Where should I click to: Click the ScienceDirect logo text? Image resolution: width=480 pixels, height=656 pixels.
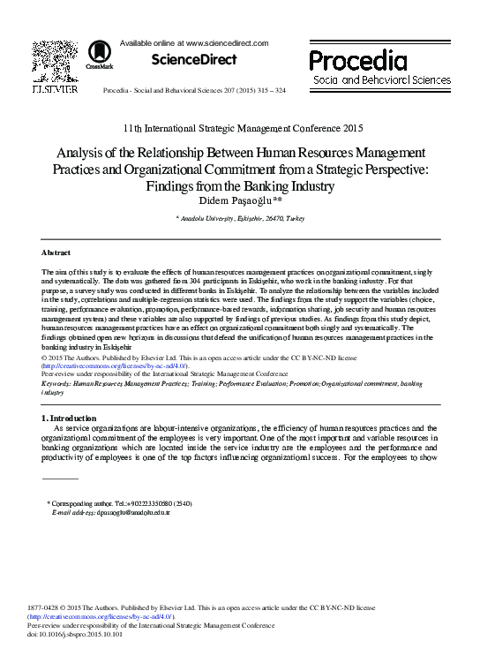click(194, 60)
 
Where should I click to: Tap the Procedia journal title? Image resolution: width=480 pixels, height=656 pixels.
click(357, 60)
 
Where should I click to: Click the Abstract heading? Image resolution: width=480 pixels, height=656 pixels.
click(56, 253)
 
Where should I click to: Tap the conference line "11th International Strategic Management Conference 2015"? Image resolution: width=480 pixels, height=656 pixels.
click(240, 128)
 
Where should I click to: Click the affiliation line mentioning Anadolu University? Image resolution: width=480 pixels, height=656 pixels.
click(240, 217)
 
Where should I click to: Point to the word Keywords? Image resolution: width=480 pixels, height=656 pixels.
click(56, 384)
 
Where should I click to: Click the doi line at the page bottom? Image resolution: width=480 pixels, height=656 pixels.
click(75, 634)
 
